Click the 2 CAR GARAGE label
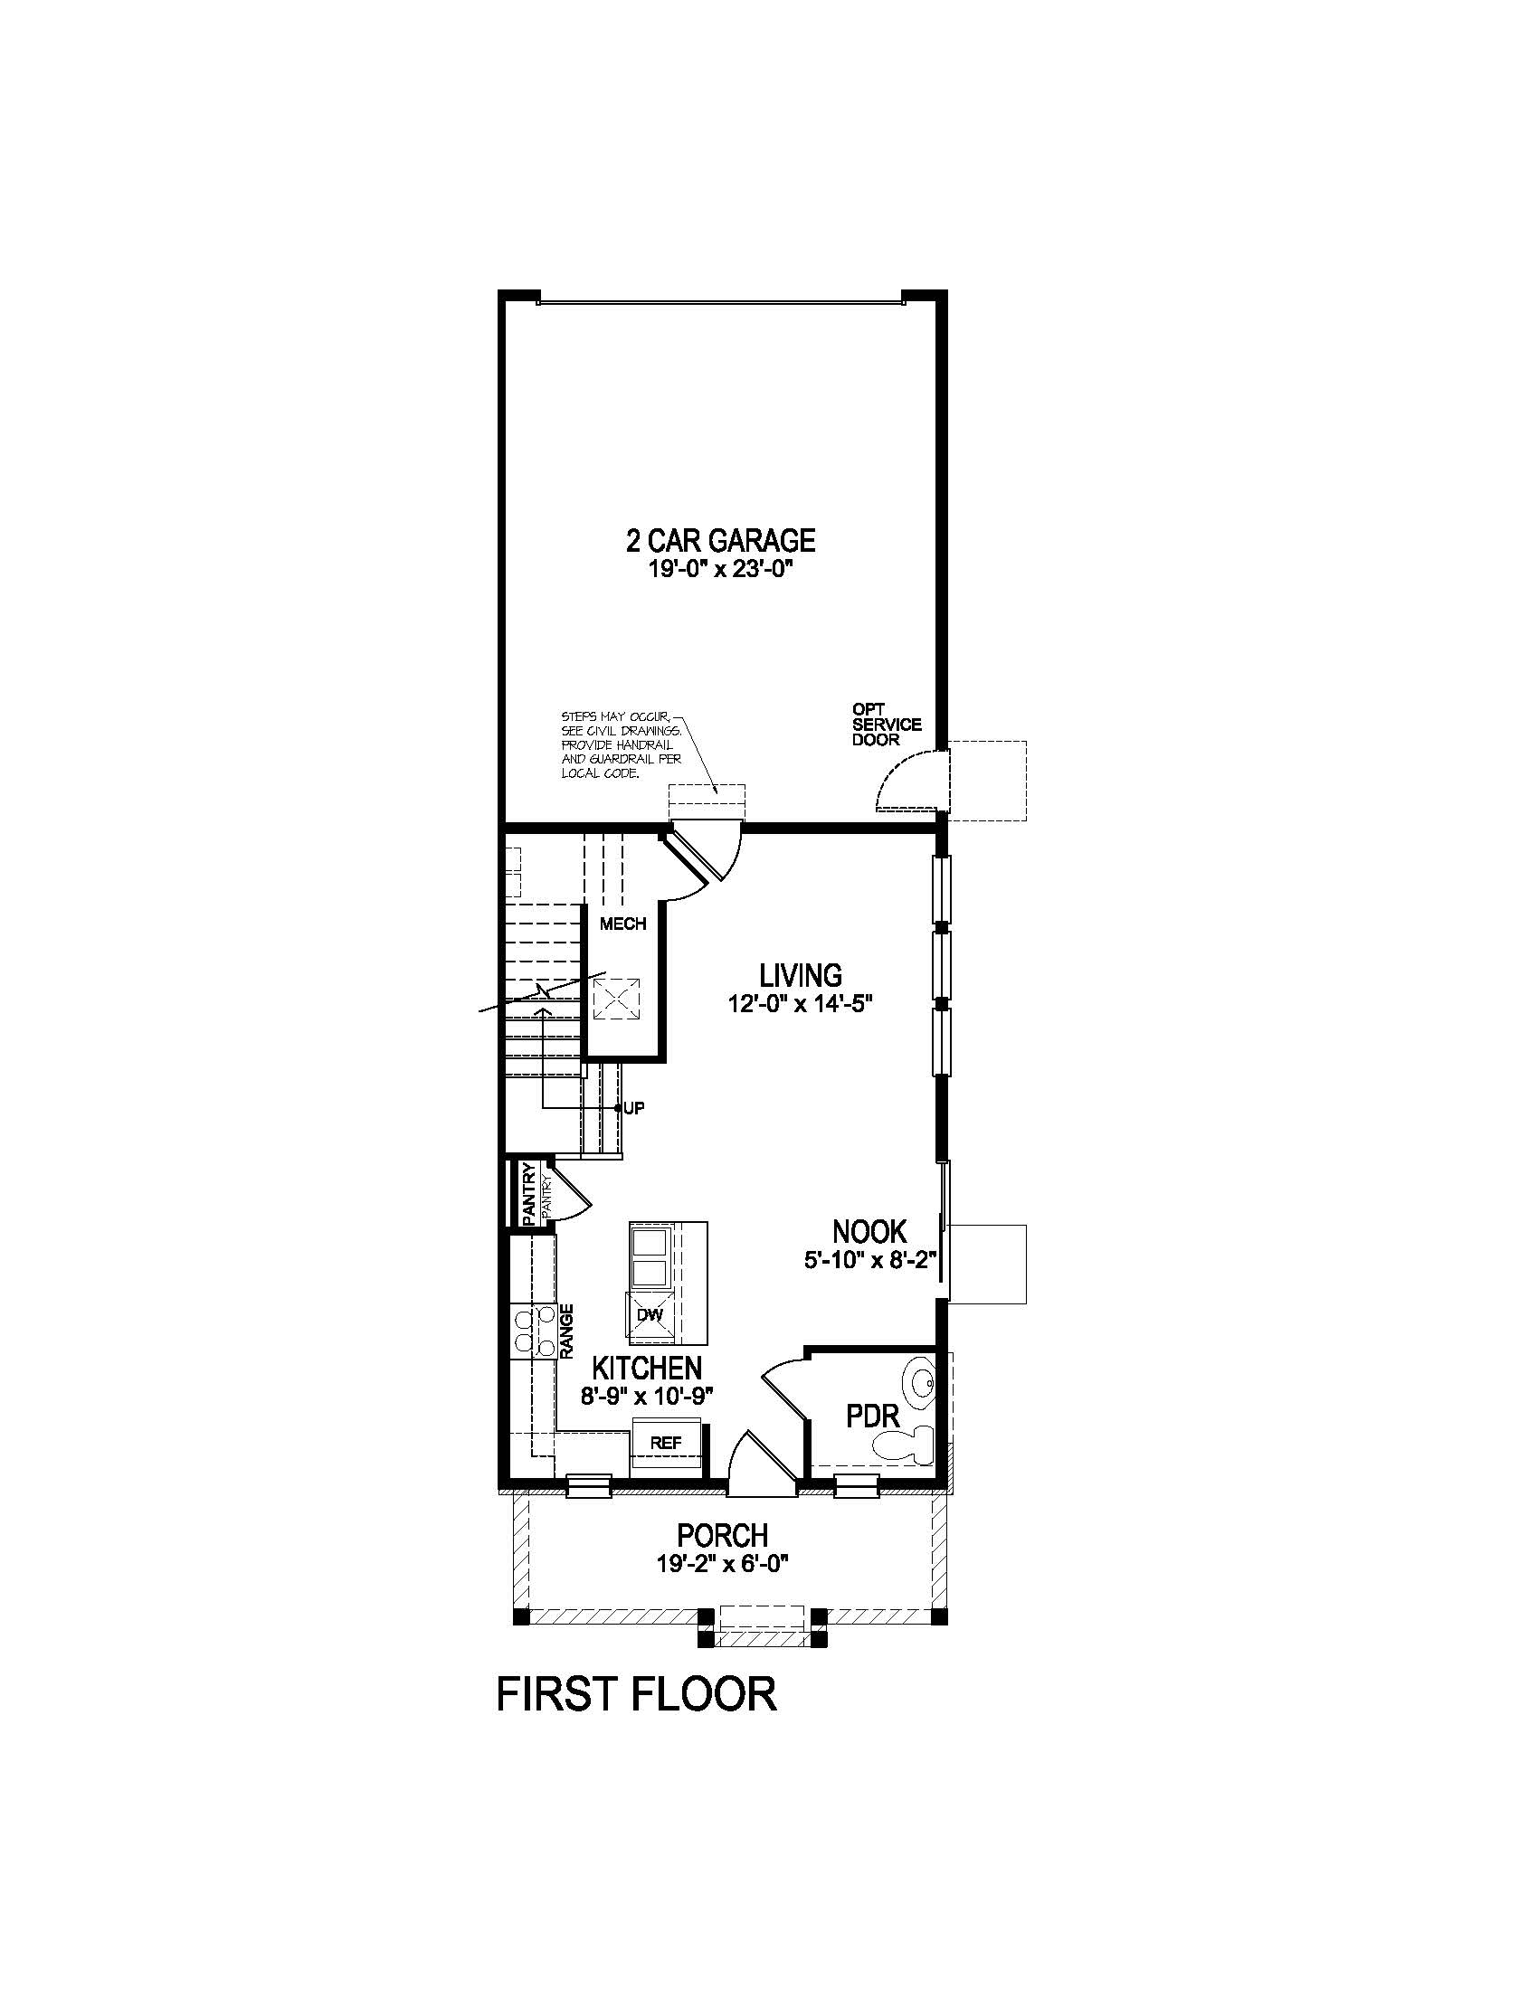(x=720, y=540)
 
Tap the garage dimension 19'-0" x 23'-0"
(x=720, y=572)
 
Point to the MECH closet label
(x=622, y=924)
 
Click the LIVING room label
(x=801, y=976)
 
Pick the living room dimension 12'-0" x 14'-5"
(x=801, y=1005)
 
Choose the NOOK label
(x=869, y=1232)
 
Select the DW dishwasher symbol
(x=649, y=1315)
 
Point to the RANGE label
(x=566, y=1331)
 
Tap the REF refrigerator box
(x=666, y=1444)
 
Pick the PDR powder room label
(x=873, y=1416)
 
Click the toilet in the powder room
(x=905, y=1444)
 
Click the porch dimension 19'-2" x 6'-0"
(x=722, y=1565)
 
